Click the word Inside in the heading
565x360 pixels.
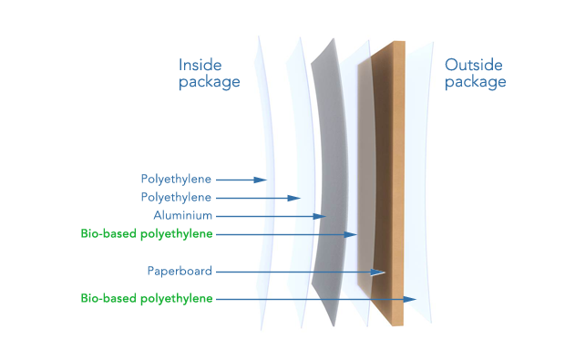coord(200,66)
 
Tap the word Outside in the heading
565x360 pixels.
coord(474,66)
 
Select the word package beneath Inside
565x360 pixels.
coord(210,82)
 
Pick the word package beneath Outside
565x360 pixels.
coord(476,82)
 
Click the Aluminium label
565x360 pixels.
coord(182,215)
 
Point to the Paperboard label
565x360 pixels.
coord(180,271)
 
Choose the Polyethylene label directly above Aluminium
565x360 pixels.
coord(176,198)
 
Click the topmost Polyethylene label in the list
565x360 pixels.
coord(176,180)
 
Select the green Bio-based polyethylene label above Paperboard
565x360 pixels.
coord(147,234)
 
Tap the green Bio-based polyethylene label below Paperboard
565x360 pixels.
coord(147,298)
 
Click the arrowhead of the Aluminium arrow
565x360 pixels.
coord(320,216)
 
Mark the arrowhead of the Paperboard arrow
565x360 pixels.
coord(378,273)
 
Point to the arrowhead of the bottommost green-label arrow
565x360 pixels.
coord(410,299)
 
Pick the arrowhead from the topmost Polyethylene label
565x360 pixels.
coord(260,180)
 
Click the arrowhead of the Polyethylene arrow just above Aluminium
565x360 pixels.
coord(294,198)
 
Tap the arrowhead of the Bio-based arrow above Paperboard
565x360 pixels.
coord(350,234)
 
